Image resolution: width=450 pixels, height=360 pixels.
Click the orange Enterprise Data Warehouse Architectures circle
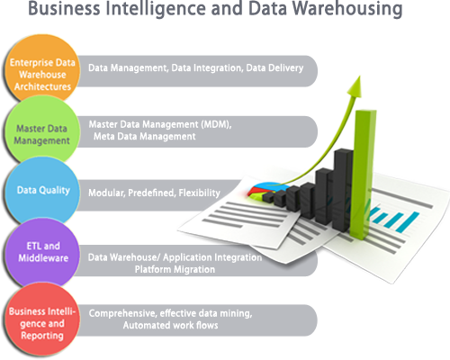pyautogui.click(x=42, y=69)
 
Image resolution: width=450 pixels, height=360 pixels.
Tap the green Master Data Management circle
pyautogui.click(x=42, y=130)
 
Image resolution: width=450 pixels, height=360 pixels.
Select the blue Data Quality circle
pyautogui.click(x=42, y=191)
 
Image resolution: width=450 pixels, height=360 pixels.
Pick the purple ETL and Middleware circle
pyautogui.click(x=42, y=253)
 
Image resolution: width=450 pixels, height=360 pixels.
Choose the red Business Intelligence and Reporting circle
pyautogui.click(x=42, y=321)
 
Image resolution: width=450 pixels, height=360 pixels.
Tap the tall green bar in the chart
pyautogui.click(x=364, y=175)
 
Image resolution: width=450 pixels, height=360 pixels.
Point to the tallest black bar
pyautogui.click(x=342, y=190)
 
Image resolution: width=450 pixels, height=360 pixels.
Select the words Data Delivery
pyautogui.click(x=274, y=68)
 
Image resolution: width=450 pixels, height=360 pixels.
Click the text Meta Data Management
pyautogui.click(x=145, y=137)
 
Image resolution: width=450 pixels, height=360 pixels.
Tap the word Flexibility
pyautogui.click(x=199, y=193)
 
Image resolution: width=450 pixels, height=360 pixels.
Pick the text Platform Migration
pyautogui.click(x=175, y=269)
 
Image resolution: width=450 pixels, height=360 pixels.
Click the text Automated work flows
pyautogui.click(x=170, y=325)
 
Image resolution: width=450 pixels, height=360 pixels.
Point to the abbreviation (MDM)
pyautogui.click(x=216, y=124)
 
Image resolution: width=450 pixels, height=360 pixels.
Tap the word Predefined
pyautogui.click(x=151, y=193)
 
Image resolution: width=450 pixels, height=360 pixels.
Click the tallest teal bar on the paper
pyautogui.click(x=407, y=222)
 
